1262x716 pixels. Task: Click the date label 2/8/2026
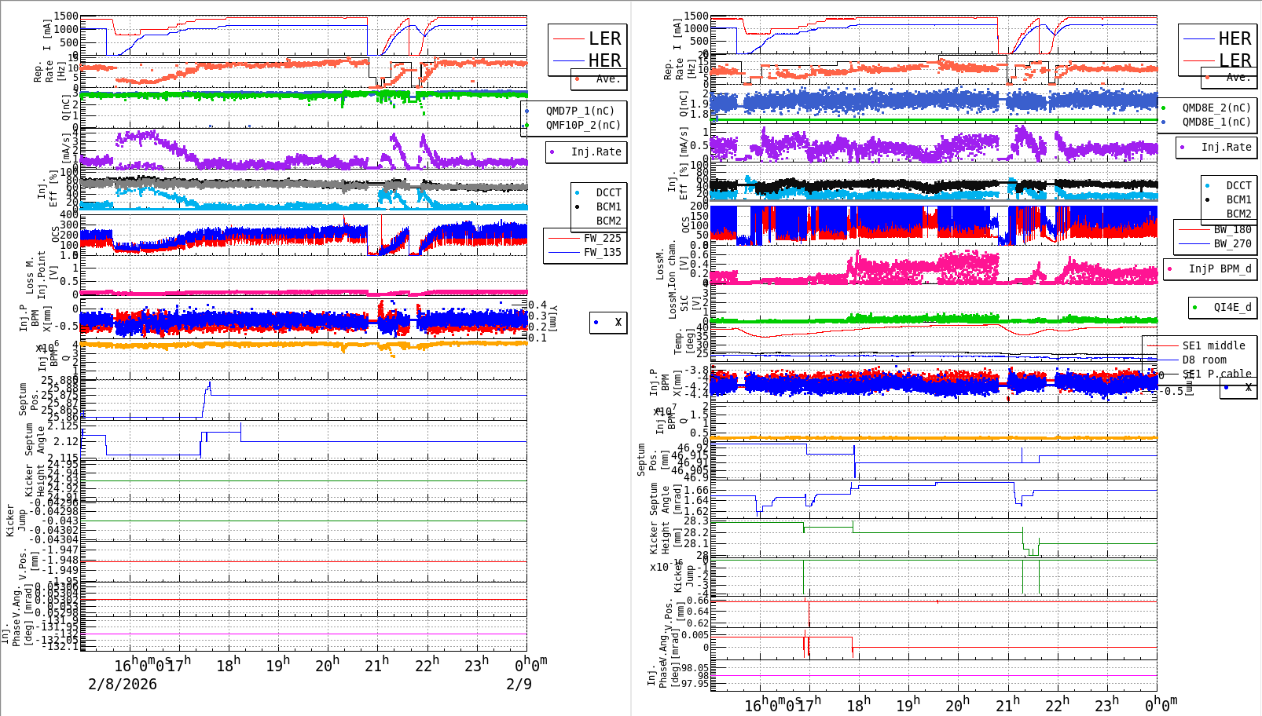123,684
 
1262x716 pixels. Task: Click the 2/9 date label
519,684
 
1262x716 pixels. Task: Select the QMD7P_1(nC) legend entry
580,111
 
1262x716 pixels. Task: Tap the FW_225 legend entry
602,238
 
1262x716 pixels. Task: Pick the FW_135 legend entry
602,252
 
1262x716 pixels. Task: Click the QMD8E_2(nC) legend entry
1216,108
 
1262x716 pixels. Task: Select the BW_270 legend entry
1232,243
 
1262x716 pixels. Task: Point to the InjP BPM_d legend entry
1220,268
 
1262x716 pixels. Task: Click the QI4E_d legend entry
1232,307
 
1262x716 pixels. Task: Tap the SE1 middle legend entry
1213,345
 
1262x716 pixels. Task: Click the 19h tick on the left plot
278,666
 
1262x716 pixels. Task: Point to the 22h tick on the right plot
1057,705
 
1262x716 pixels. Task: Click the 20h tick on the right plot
958,705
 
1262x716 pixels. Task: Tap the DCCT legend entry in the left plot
608,192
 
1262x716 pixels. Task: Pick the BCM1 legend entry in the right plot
1238,199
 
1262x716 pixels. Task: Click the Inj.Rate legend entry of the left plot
596,152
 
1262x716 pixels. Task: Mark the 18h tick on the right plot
858,705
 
